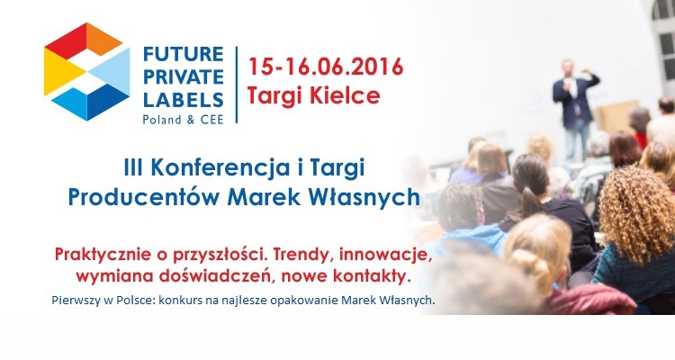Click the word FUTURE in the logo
click(x=183, y=54)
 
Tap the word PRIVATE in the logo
click(x=183, y=77)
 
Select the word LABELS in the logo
click(x=183, y=100)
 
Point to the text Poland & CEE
click(x=183, y=120)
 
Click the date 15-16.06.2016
click(x=326, y=67)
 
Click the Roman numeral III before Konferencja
click(x=133, y=167)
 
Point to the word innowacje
click(x=385, y=255)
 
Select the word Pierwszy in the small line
click(x=76, y=301)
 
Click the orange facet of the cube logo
click(x=103, y=40)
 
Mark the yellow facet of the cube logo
click(x=61, y=71)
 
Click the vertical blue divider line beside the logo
click(x=237, y=85)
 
